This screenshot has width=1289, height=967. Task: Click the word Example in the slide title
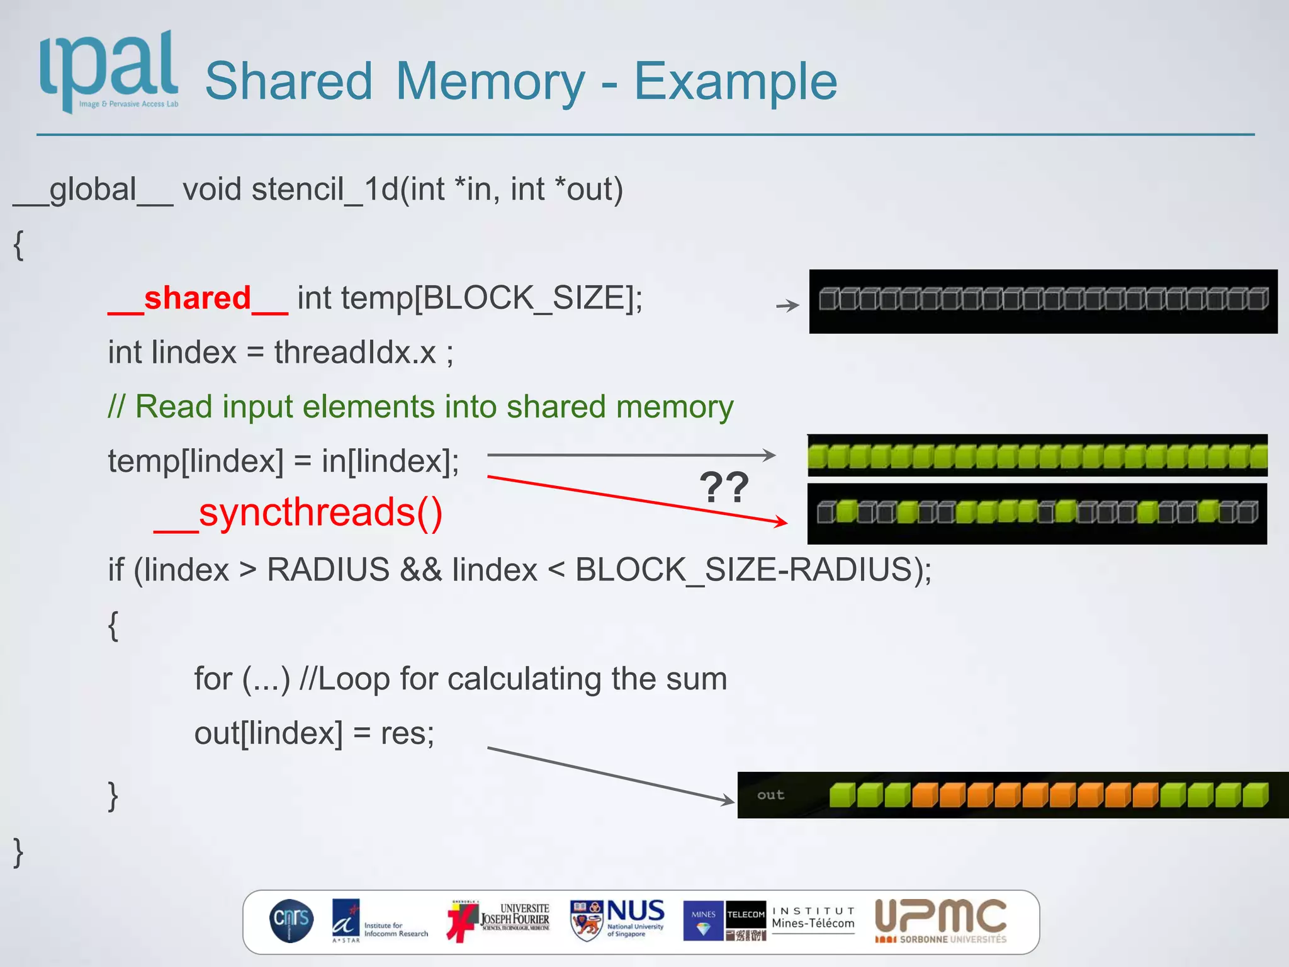pyautogui.click(x=735, y=81)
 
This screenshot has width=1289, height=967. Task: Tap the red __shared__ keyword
pyautogui.click(x=198, y=298)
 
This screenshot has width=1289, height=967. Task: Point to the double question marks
pyautogui.click(x=724, y=487)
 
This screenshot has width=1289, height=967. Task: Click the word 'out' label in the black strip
pyautogui.click(x=770, y=795)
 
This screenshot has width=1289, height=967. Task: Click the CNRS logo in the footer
pyautogui.click(x=291, y=920)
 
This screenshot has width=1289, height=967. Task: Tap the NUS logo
pyautogui.click(x=617, y=920)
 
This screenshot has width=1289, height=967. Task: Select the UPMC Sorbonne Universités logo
pyautogui.click(x=940, y=920)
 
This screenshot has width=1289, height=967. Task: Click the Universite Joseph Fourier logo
pyautogui.click(x=498, y=920)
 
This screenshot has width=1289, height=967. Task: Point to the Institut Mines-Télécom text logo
pyautogui.click(x=813, y=919)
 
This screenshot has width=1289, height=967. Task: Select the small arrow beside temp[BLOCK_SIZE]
pyautogui.click(x=787, y=306)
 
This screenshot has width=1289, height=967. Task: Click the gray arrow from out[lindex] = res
pyautogui.click(x=611, y=775)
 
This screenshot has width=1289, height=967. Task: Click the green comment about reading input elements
pyautogui.click(x=420, y=407)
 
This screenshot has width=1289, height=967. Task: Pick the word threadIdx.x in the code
pyautogui.click(x=355, y=352)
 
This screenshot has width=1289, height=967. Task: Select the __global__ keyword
pyautogui.click(x=93, y=189)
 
